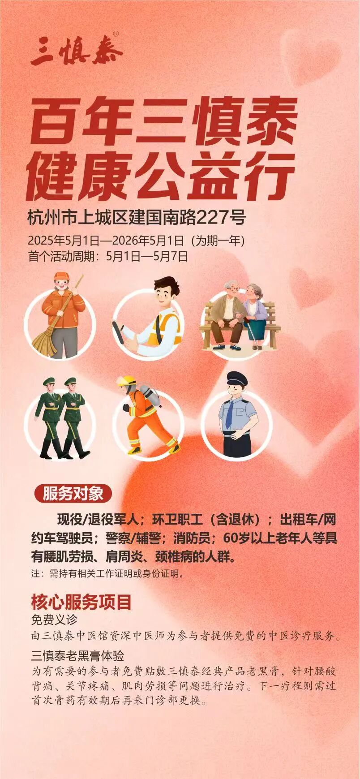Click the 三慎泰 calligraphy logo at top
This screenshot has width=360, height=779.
(x=76, y=50)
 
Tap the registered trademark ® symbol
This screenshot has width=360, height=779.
(x=116, y=34)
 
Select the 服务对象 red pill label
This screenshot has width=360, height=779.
(x=73, y=494)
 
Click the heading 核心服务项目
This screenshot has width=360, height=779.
(x=81, y=602)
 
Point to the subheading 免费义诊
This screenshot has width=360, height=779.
(x=54, y=620)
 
